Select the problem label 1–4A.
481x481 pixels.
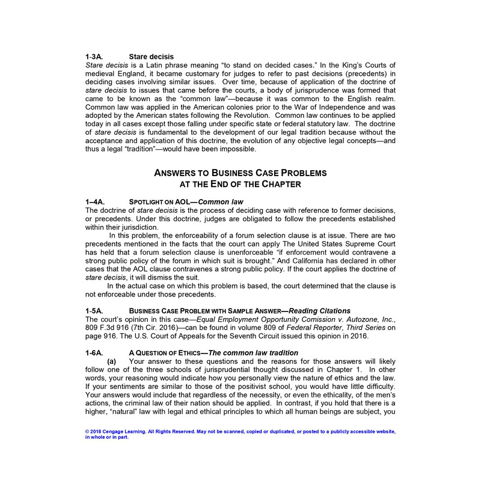tap(96, 201)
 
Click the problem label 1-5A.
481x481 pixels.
tap(96, 310)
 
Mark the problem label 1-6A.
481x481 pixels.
tap(96, 352)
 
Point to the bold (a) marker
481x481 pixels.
tap(112, 361)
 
